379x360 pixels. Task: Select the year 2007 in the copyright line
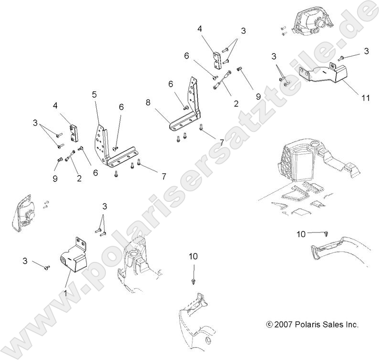[x=284, y=325]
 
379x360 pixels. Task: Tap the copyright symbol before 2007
[x=270, y=325]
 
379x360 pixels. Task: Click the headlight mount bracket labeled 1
[x=72, y=259]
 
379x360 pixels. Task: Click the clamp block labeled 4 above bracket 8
[x=216, y=58]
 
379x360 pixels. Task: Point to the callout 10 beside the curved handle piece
[x=301, y=233]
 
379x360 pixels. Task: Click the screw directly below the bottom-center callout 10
[x=193, y=281]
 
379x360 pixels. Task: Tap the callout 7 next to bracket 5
[x=163, y=177]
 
